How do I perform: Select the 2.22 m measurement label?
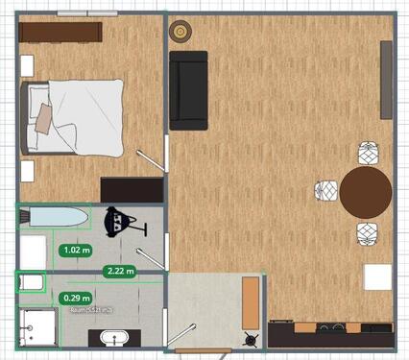click(119, 271)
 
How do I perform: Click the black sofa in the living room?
click(188, 90)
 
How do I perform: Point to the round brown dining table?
click(366, 192)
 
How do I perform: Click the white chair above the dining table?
click(369, 153)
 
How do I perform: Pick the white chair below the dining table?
click(368, 233)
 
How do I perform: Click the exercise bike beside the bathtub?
click(121, 224)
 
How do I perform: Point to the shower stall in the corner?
click(36, 326)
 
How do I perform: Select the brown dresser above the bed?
click(60, 32)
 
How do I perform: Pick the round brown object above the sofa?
click(180, 32)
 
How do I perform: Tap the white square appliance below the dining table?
click(377, 277)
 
